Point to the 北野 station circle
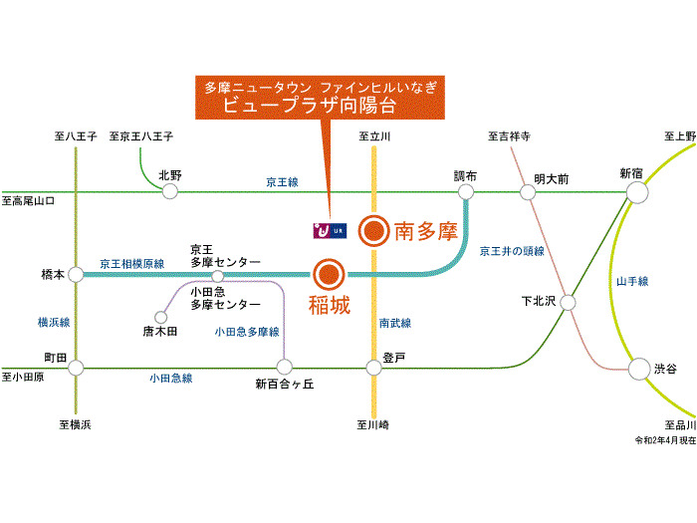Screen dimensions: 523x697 [169, 191]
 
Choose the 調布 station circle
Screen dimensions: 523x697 [465, 191]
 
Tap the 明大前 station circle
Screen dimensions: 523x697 [529, 191]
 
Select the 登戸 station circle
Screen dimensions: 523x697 [373, 368]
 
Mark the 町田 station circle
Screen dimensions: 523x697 [76, 368]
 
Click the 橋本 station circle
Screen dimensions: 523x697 [76, 273]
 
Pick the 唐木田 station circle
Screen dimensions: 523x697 [159, 316]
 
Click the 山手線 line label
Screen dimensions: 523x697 [632, 282]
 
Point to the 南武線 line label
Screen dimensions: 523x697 [395, 323]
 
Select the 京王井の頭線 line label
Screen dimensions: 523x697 [512, 251]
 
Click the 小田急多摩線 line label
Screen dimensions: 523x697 [247, 331]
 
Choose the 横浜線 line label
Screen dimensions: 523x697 [54, 322]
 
